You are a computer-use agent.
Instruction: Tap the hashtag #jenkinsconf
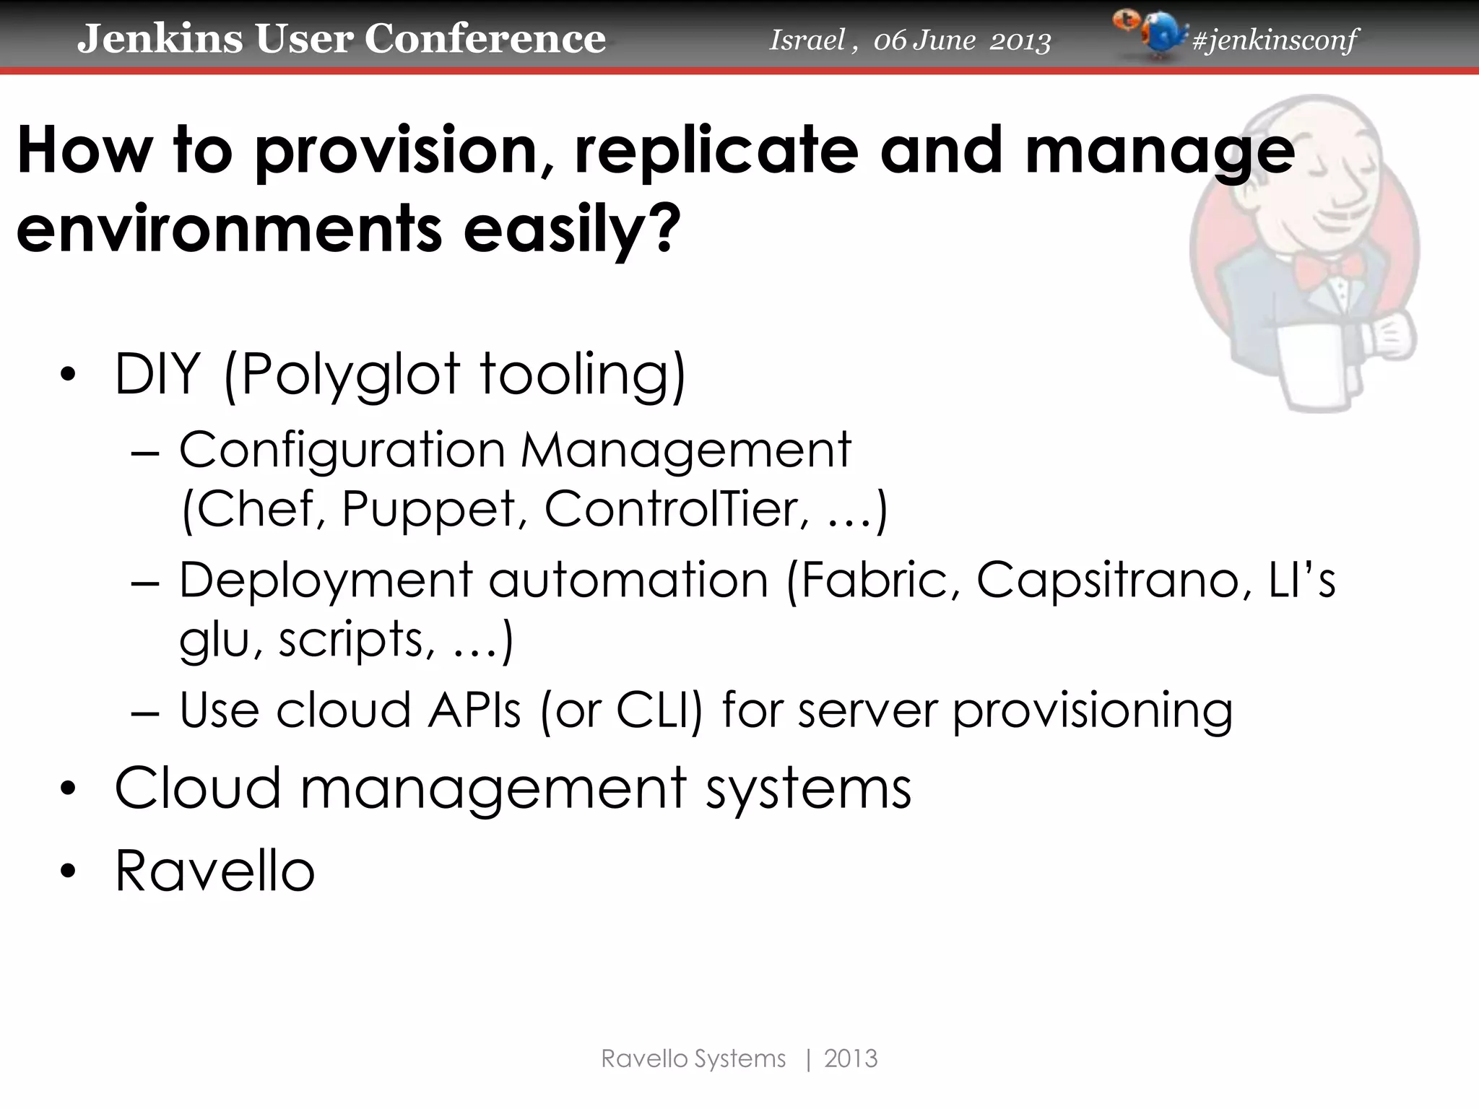click(1275, 40)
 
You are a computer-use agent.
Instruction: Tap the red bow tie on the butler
click(1330, 271)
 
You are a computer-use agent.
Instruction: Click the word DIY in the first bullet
click(157, 374)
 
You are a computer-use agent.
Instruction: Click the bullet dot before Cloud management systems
click(68, 789)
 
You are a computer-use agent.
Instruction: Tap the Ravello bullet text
click(214, 871)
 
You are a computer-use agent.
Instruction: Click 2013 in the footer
click(850, 1058)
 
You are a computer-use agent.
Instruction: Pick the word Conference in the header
click(485, 38)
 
